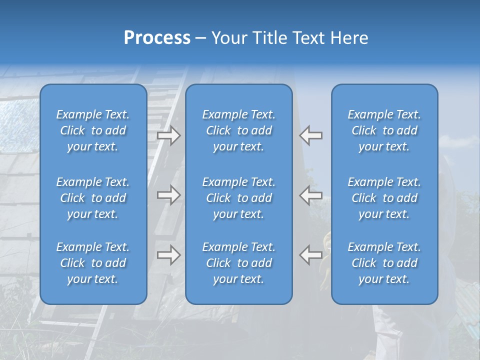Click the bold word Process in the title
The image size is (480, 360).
157,38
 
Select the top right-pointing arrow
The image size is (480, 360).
169,135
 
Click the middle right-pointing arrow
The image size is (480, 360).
169,195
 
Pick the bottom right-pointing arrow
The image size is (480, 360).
169,255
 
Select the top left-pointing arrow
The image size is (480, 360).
310,135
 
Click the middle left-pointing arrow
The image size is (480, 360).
310,195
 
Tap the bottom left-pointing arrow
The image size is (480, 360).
310,255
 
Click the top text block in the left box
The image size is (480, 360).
93,130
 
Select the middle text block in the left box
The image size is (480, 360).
93,198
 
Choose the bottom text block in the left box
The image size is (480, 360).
93,263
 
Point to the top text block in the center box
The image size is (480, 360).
238,130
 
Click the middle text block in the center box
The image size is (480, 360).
238,198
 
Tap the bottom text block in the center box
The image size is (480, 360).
238,263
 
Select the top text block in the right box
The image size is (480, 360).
384,130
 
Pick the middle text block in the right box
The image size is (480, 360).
384,198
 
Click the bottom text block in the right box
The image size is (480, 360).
384,263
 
